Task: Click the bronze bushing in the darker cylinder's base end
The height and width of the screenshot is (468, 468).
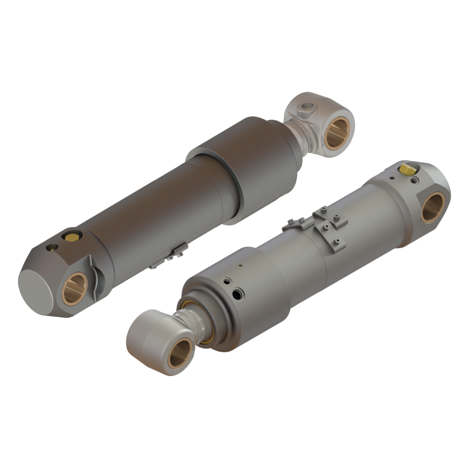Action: tap(75, 289)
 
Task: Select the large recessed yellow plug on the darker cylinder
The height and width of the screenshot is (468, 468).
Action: tap(71, 236)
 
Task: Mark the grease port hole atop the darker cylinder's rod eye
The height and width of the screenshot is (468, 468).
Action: tap(308, 105)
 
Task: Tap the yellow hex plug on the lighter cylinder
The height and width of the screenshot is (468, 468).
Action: tap(407, 168)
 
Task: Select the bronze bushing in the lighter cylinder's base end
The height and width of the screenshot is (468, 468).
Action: tap(433, 207)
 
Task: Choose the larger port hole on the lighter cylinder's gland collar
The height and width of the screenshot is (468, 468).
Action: tap(237, 295)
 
